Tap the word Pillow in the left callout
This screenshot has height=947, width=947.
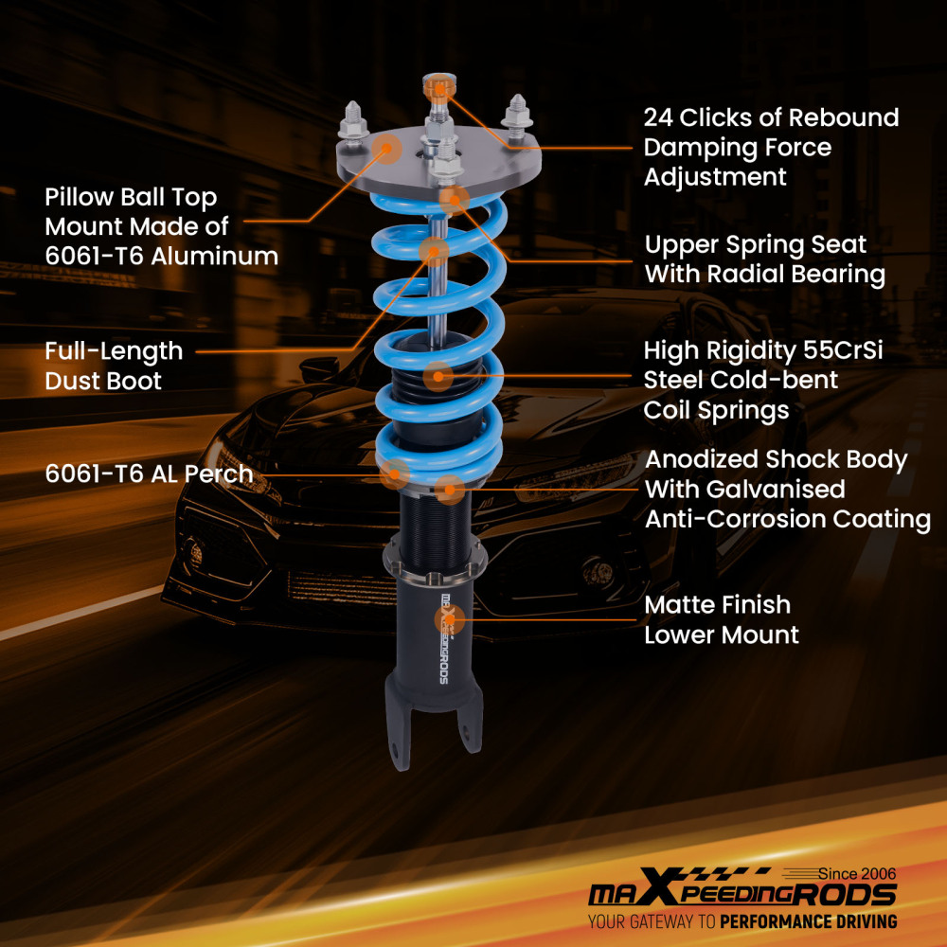[81, 198]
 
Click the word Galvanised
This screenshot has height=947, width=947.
[745, 490]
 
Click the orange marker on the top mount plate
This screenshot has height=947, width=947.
[385, 147]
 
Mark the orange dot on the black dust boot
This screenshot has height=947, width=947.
[437, 376]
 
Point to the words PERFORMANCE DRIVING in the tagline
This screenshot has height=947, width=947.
[808, 921]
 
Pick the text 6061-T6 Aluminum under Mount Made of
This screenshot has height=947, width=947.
[161, 256]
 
